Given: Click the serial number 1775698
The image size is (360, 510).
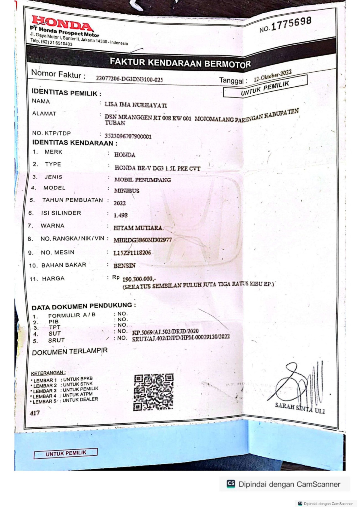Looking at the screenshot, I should (291, 24).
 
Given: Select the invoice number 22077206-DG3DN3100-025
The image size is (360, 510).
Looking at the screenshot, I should (129, 79).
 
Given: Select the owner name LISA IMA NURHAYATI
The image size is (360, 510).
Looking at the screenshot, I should (135, 105).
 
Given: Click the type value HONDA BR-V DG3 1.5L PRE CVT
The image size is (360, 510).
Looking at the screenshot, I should (157, 168).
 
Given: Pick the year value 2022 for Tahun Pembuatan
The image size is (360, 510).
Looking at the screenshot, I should (119, 203).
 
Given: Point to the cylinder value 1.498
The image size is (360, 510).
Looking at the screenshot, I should (121, 215).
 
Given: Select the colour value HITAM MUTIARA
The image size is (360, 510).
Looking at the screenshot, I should (138, 228).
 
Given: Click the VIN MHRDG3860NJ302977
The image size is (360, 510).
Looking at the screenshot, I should (142, 240).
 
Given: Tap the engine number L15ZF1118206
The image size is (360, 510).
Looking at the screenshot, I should (132, 253).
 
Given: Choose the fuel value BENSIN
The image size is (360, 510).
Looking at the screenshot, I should (124, 265).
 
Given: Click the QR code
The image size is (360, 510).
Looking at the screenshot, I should (153, 392).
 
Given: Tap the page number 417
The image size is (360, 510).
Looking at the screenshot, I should (35, 413).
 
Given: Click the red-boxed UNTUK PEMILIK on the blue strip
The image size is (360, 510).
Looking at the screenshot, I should (66, 453).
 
